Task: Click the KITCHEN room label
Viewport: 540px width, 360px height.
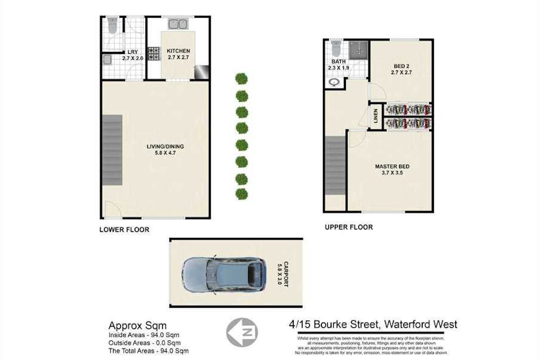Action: (x=178, y=51)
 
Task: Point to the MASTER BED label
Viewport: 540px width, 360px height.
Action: (x=392, y=166)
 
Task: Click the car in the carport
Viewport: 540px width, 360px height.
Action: (x=222, y=273)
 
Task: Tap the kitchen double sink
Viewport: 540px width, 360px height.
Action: (x=178, y=24)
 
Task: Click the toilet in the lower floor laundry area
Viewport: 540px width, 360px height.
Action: (x=112, y=25)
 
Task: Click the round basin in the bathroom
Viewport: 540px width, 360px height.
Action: (x=335, y=83)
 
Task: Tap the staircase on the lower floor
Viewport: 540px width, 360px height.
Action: (x=112, y=151)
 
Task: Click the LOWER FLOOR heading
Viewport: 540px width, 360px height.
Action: (x=124, y=230)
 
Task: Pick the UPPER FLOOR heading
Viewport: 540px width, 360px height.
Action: (x=349, y=227)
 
